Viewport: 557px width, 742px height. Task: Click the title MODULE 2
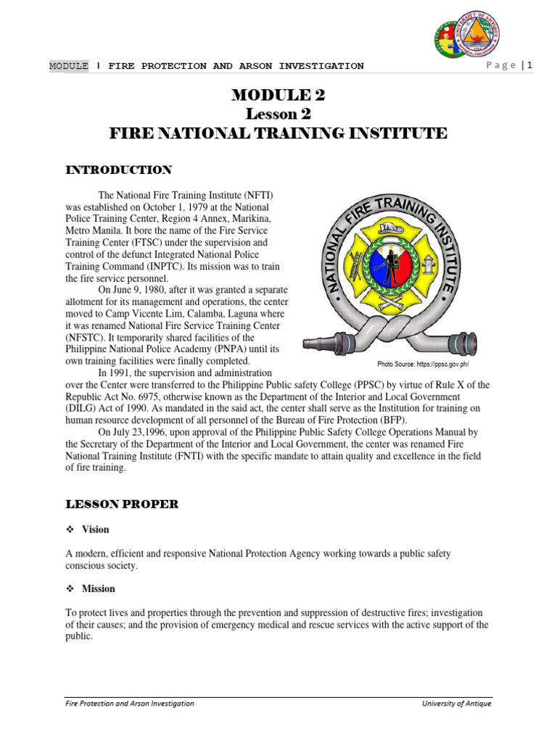coord(278,94)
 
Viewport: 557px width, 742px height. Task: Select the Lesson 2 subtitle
coord(278,114)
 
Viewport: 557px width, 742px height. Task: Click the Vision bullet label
coord(95,530)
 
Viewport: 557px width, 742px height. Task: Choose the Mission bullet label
coord(98,588)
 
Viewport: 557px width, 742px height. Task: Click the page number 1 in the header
coord(530,65)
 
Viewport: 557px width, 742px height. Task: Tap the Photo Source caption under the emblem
coord(428,363)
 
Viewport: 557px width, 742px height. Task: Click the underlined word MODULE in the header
coord(68,66)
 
